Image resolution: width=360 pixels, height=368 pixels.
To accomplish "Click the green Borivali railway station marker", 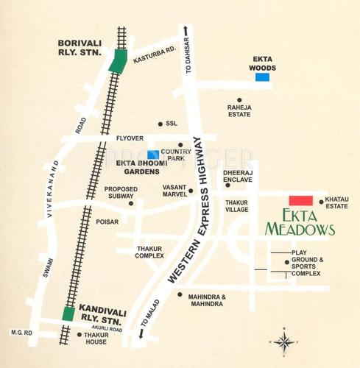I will (116, 60).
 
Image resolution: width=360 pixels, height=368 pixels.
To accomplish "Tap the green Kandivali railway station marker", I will (68, 314).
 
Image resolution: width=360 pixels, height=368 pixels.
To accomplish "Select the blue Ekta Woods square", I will (264, 76).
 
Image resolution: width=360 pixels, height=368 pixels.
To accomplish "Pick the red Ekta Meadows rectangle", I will (300, 200).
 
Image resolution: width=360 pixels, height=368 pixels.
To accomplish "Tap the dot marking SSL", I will (160, 124).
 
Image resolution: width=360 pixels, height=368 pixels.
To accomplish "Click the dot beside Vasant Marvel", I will (191, 191).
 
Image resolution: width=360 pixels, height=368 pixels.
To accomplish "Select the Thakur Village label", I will (236, 205).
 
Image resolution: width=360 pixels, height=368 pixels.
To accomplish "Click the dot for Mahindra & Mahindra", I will (180, 294).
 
